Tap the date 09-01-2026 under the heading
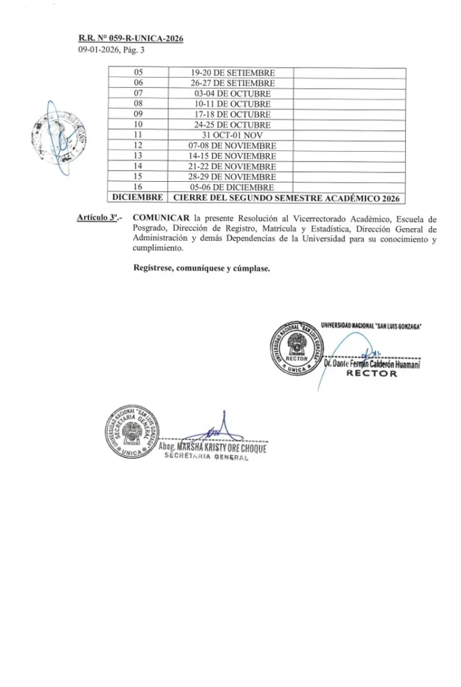(98, 50)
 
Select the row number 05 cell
(140, 73)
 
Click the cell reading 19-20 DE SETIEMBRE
(232, 73)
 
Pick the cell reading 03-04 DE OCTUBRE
(232, 93)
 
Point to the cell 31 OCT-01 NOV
(232, 134)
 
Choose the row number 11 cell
(140, 134)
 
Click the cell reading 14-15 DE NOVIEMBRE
(232, 155)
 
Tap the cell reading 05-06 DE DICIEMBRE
(232, 186)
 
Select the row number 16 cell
(140, 186)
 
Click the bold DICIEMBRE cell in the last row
(136, 197)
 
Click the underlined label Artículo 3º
(97, 219)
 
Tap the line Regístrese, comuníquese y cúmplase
(201, 269)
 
